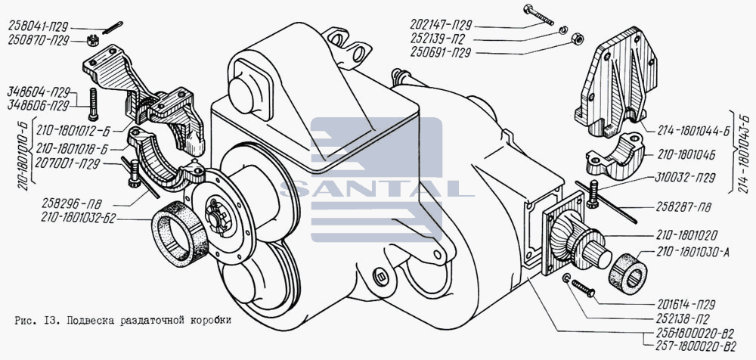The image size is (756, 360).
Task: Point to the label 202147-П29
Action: pyautogui.click(x=441, y=25)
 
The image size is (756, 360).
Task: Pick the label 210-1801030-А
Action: pyautogui.click(x=692, y=253)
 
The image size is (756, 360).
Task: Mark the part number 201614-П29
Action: pyautogui.click(x=685, y=305)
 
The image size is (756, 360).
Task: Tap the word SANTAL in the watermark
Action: pyautogui.click(x=376, y=189)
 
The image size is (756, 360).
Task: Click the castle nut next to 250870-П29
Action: pyautogui.click(x=93, y=41)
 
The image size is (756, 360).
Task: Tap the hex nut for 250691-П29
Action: pyautogui.click(x=577, y=38)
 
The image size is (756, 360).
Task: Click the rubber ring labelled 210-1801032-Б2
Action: pyautogui.click(x=179, y=234)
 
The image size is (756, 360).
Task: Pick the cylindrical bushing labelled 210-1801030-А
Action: pyautogui.click(x=628, y=274)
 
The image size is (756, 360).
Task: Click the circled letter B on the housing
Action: pyautogui.click(x=380, y=278)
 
